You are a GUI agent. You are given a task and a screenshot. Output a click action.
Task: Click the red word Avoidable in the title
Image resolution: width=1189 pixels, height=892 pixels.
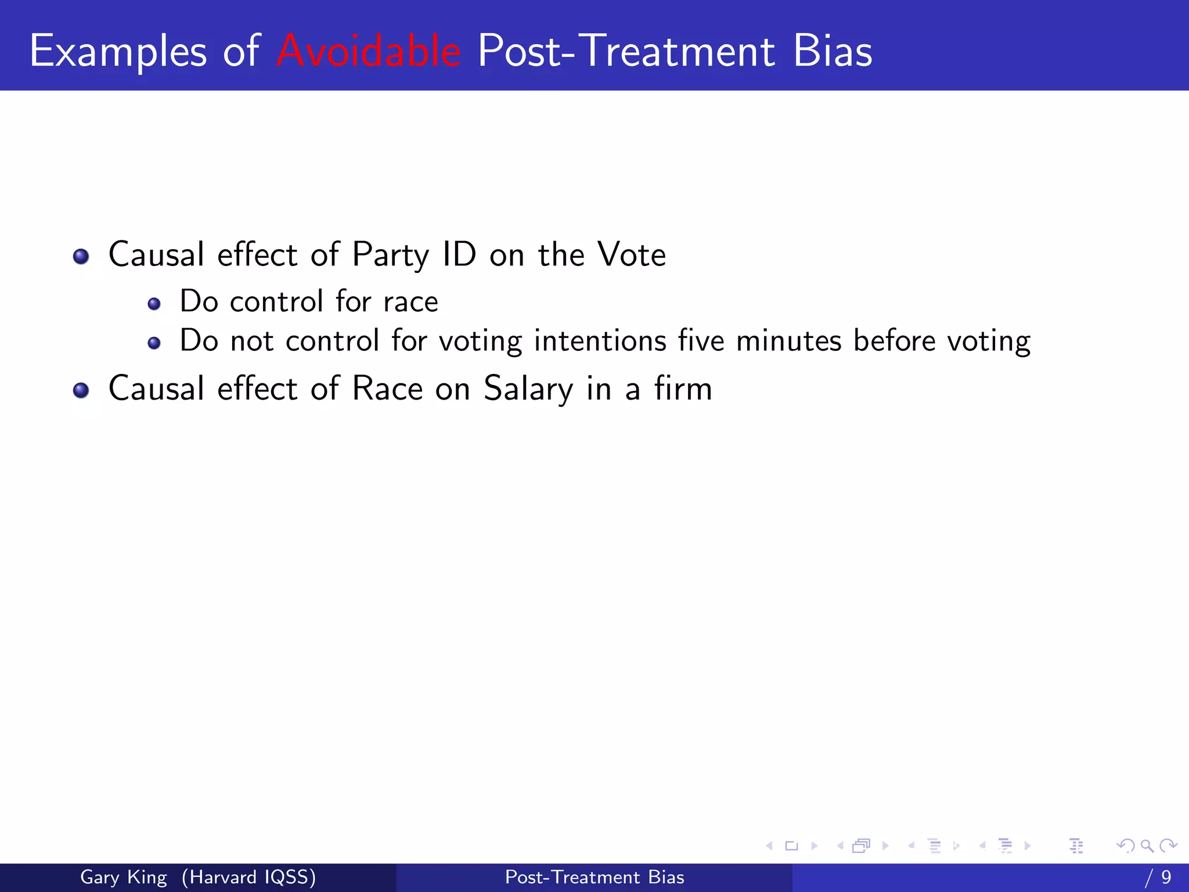[369, 51]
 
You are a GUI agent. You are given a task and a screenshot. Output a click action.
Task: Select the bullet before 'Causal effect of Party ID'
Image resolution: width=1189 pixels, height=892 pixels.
[81, 256]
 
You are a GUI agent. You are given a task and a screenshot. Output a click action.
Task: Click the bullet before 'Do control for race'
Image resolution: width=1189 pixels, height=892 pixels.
[154, 304]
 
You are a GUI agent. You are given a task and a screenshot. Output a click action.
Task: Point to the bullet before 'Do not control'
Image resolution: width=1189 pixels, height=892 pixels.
[154, 343]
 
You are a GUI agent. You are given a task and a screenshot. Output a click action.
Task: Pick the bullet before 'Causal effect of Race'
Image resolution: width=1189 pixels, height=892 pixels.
[81, 390]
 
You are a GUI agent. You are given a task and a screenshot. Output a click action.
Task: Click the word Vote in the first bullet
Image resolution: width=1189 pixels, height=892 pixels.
[632, 255]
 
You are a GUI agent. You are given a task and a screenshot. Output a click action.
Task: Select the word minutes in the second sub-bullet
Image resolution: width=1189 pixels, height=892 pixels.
[788, 341]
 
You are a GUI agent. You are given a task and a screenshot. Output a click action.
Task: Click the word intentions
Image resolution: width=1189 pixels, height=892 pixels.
[600, 341]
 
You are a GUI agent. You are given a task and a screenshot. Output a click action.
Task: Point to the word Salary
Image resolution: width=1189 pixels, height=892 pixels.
[528, 390]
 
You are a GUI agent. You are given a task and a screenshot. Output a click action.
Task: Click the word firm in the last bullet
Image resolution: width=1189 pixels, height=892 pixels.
[683, 389]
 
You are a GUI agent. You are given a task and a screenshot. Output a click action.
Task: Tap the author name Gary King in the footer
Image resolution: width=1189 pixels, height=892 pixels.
[123, 877]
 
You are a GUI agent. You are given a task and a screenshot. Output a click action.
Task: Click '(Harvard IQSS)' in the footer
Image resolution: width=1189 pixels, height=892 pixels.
[248, 877]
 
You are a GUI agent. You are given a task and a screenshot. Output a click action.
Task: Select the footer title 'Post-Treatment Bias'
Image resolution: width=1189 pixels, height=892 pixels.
[594, 877]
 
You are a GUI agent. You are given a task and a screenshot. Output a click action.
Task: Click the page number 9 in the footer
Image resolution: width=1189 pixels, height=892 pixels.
[1166, 877]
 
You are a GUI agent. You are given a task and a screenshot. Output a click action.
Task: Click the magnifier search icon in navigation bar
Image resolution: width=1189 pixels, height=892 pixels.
[1147, 846]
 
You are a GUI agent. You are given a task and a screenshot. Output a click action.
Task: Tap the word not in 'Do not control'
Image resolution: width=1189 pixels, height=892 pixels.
[251, 341]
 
